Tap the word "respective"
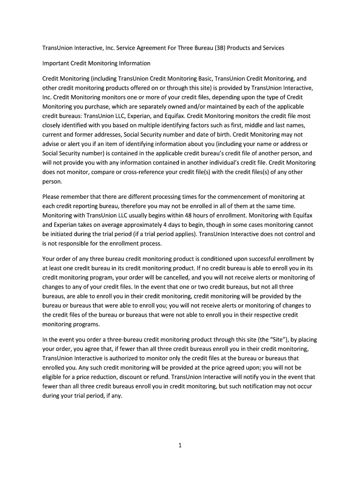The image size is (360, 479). [263, 315]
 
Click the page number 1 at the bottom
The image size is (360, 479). [180, 445]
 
